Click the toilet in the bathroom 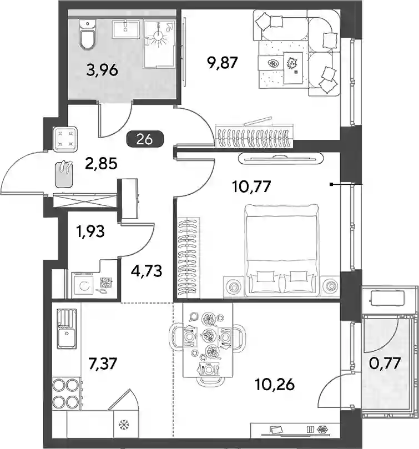[87, 34]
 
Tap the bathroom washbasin [127, 29]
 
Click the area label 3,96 [102, 70]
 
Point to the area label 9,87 [223, 62]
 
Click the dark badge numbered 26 [145, 139]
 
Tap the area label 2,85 [101, 164]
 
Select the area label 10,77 [251, 186]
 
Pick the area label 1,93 [90, 231]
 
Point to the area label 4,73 [147, 271]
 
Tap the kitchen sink [67, 329]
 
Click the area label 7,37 [103, 364]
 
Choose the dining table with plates [208, 340]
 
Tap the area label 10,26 [275, 385]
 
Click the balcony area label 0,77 [385, 364]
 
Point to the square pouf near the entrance [65, 139]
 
